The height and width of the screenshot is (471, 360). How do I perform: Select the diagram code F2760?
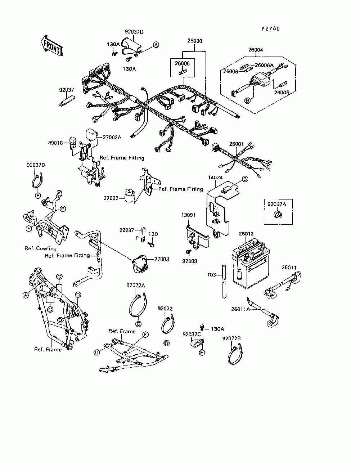pos(271,28)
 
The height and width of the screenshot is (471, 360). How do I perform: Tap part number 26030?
pos(195,41)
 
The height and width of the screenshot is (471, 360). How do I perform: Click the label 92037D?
pos(134,32)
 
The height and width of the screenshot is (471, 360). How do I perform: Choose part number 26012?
pos(246,234)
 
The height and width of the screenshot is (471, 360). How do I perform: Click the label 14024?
pos(215,178)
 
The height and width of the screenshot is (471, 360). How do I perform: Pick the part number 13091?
pos(188,215)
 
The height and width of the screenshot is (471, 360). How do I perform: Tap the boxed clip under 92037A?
pos(278,214)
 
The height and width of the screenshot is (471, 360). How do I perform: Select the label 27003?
pos(162,259)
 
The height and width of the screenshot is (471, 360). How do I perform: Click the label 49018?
pos(55,143)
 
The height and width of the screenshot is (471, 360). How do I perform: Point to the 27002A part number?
pos(112,137)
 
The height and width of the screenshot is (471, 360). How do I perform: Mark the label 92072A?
pos(136,285)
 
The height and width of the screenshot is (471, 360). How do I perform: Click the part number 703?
pos(211,275)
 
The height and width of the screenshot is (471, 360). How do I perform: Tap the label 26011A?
pos(240,309)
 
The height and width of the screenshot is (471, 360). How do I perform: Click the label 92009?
pos(190,261)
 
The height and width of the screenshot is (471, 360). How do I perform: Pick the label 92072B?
pos(231,338)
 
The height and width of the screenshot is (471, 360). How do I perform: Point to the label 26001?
pos(237,144)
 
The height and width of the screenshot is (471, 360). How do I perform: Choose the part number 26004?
pos(256,50)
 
